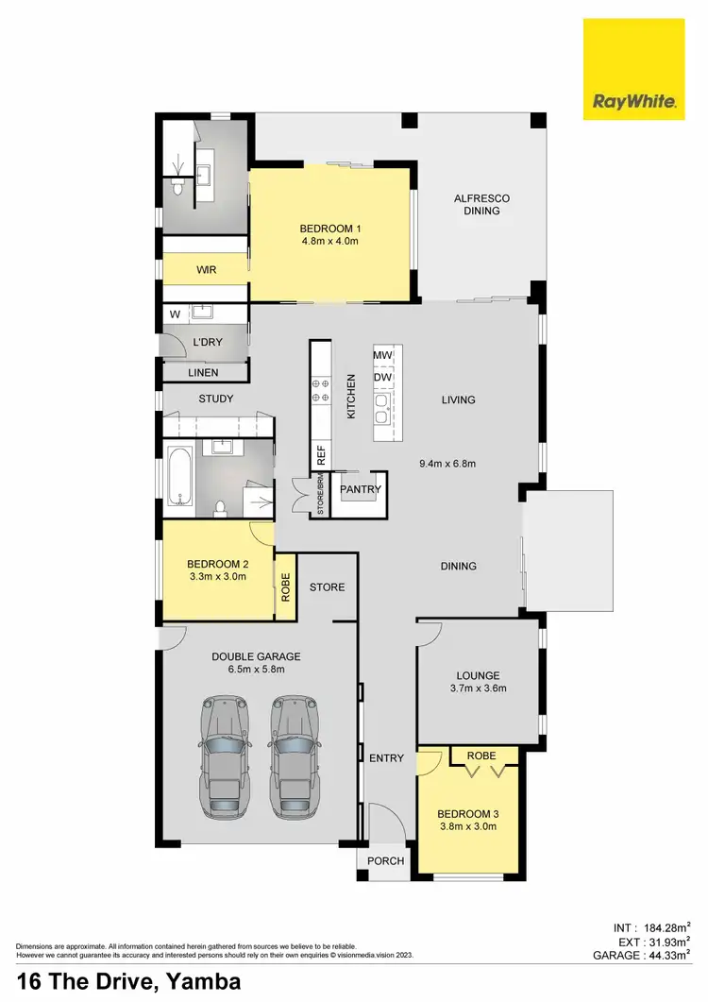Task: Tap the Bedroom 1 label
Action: point(330,229)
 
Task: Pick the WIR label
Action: point(207,270)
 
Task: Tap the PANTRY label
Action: point(360,489)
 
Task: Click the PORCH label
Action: point(385,860)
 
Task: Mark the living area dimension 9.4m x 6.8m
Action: point(447,464)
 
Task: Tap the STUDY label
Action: point(215,399)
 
